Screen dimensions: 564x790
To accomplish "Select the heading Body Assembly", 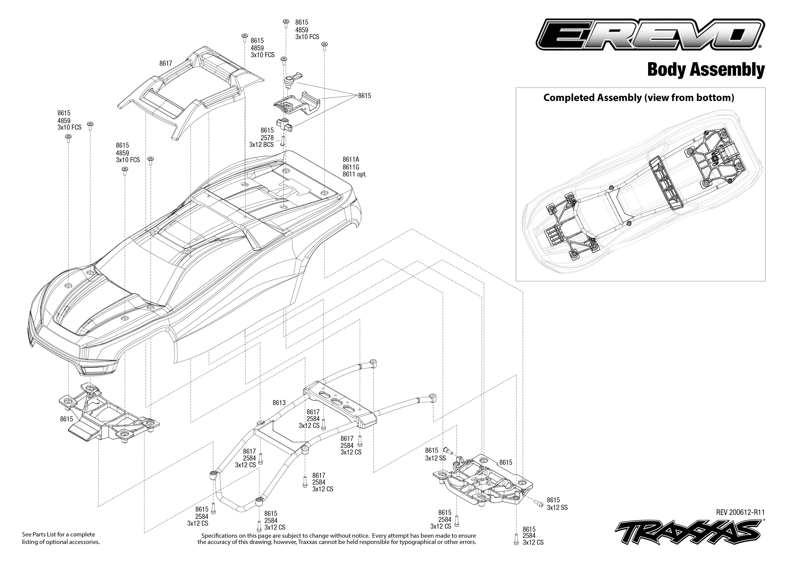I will (x=706, y=70).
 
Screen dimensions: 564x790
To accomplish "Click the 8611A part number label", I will (x=351, y=159).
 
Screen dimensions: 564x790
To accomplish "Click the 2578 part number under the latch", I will (x=267, y=138).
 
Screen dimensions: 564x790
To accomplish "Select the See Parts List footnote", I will (x=61, y=538).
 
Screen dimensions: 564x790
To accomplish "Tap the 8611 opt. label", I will (x=354, y=174).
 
